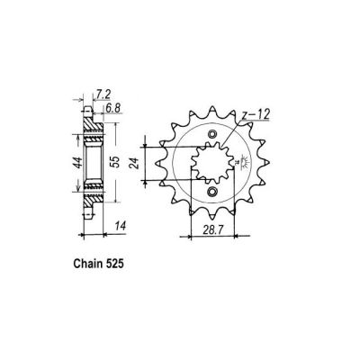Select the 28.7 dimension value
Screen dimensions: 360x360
(210, 231)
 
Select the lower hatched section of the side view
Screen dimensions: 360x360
(89, 194)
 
